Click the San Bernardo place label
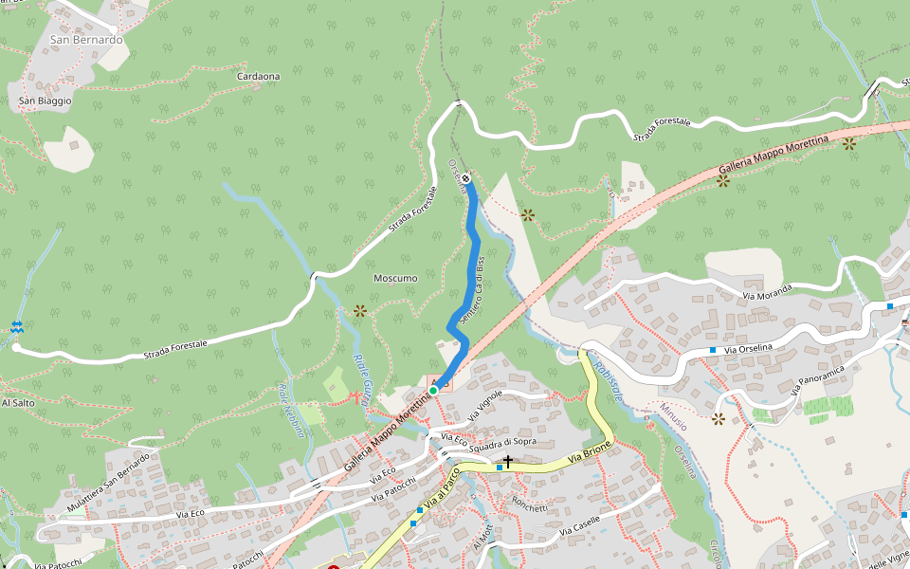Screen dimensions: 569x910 (86, 40)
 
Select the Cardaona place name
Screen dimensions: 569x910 (258, 76)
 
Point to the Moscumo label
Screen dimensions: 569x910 (395, 278)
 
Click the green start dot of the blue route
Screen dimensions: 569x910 (433, 390)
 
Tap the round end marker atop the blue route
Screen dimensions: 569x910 (465, 177)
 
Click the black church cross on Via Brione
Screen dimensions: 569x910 (508, 462)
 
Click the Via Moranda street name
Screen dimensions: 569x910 (767, 292)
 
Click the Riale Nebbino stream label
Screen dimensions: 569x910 (291, 410)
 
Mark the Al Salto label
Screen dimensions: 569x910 (18, 402)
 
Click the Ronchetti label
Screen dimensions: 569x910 (529, 507)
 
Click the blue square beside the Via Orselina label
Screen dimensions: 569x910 (712, 350)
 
